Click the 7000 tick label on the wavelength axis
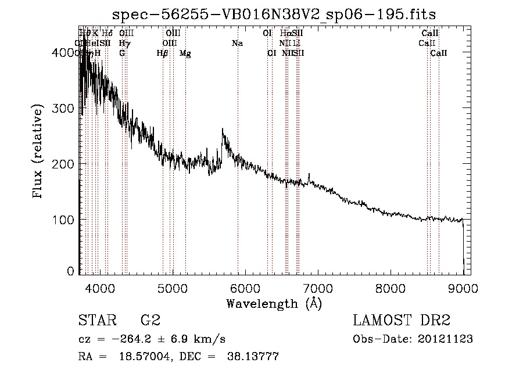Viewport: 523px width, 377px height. tap(317, 288)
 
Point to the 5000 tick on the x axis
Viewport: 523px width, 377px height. tap(172, 288)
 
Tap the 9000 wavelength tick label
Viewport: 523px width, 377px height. tap(463, 288)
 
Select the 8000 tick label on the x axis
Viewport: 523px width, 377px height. tap(390, 288)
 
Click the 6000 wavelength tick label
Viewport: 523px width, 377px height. tap(245, 288)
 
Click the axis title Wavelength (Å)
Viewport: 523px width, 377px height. tap(274, 303)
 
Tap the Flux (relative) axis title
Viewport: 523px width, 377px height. tap(39, 153)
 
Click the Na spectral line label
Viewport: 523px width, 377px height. tap(237, 43)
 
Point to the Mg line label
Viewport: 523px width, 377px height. tap(185, 53)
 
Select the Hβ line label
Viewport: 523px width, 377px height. tap(162, 53)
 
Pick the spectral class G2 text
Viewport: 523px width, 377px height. tap(150, 321)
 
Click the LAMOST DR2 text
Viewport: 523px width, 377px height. tap(402, 321)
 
